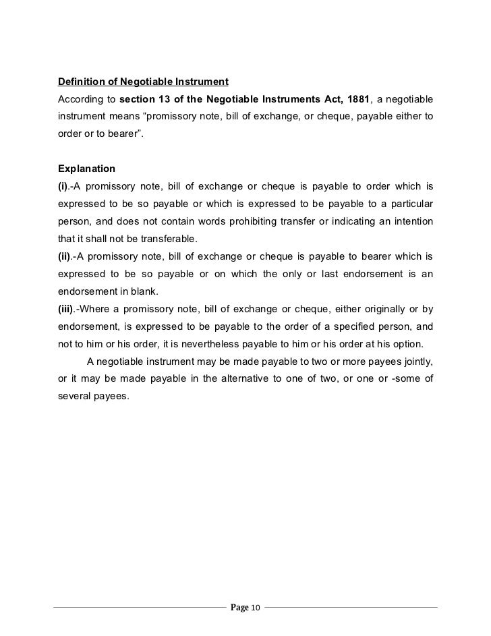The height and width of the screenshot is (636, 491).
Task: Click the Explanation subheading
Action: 87,167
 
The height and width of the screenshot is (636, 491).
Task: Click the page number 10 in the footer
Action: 255,609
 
